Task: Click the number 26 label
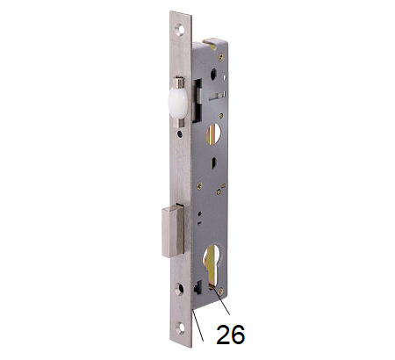pos(230,335)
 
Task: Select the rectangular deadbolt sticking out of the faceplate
pos(173,231)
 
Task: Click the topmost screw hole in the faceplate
pos(180,30)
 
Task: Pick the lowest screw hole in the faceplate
pos(181,328)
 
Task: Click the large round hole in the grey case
pos(213,133)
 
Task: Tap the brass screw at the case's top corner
pos(221,56)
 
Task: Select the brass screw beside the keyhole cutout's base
pos(220,292)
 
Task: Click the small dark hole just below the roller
pos(179,133)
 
